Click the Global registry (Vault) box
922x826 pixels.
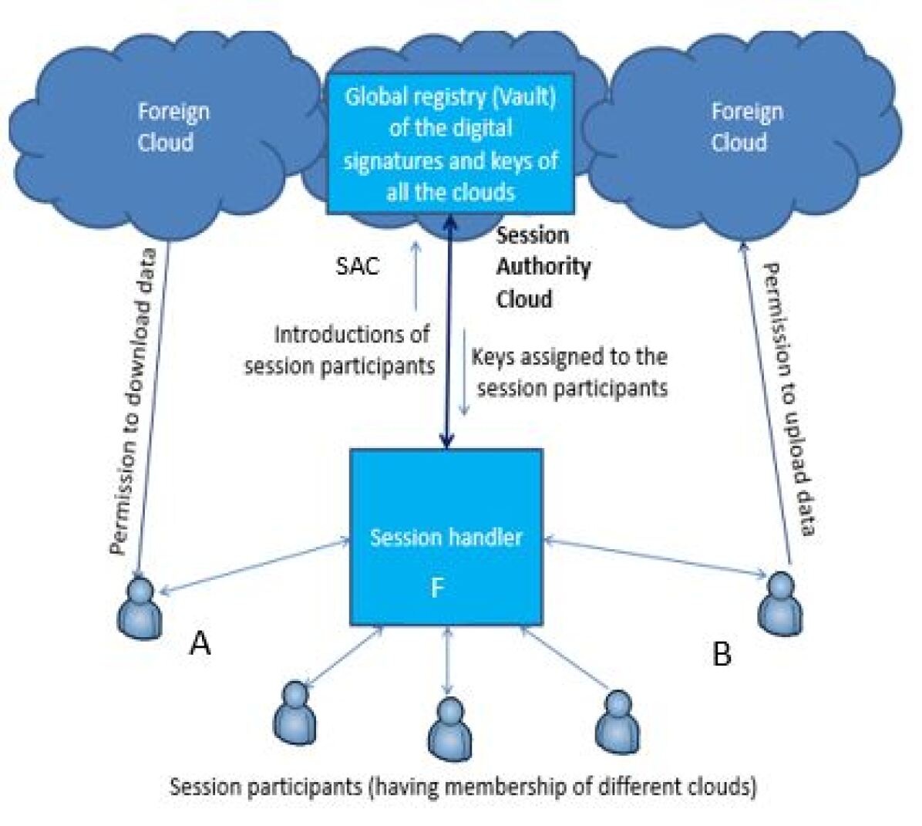(451, 143)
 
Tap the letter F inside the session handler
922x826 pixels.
(437, 588)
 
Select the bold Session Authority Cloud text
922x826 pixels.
(543, 266)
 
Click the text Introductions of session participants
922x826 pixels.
(340, 350)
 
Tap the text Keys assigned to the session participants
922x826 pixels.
(570, 372)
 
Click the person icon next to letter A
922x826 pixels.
(140, 609)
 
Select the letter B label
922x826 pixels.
(722, 654)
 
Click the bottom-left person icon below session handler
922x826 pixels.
(294, 712)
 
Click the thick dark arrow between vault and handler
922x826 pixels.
(447, 332)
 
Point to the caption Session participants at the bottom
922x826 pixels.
(463, 787)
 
